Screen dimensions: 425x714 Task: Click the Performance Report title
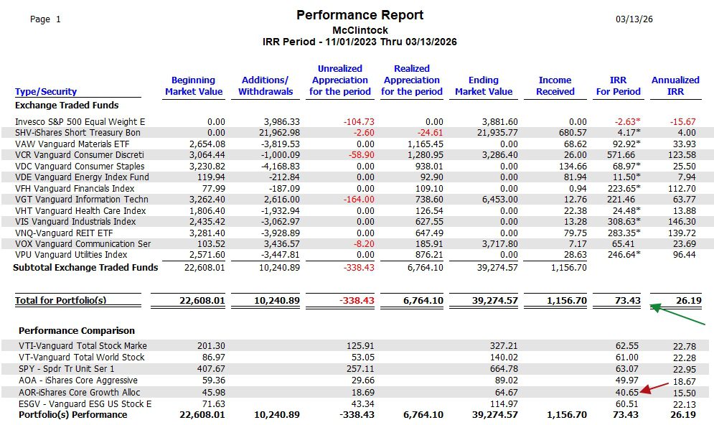(360, 15)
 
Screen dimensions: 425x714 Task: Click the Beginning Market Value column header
(193, 85)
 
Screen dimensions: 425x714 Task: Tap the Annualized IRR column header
(675, 85)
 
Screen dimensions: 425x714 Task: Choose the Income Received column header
(555, 85)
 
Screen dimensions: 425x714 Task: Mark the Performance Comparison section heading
(76, 331)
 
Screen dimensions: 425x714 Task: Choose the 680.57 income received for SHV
(572, 133)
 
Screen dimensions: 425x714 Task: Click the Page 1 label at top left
(45, 19)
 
